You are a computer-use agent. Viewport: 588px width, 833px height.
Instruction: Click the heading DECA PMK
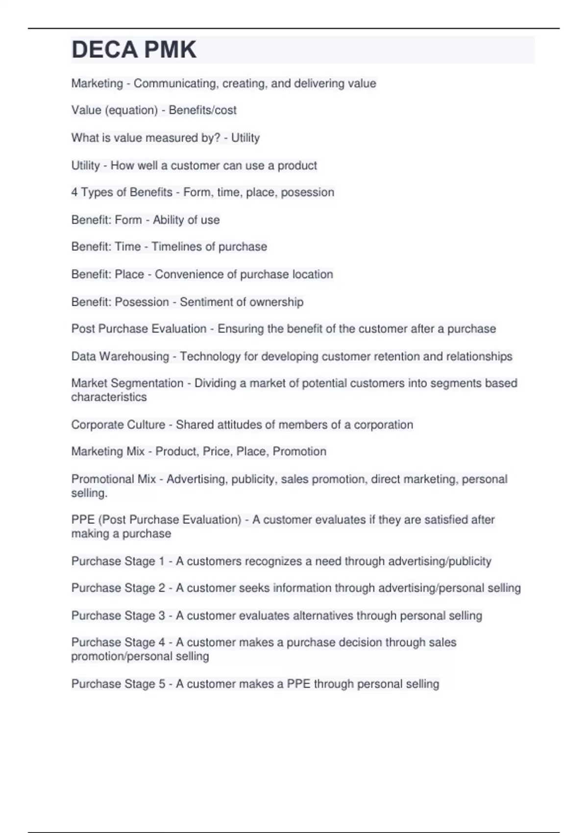click(134, 50)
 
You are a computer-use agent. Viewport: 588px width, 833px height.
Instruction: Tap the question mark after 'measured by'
click(218, 138)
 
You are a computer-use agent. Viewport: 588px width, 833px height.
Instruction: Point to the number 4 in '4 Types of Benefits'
click(74, 192)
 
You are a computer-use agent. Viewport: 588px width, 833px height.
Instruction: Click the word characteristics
click(109, 397)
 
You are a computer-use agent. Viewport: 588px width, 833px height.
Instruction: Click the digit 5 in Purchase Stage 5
click(162, 684)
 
